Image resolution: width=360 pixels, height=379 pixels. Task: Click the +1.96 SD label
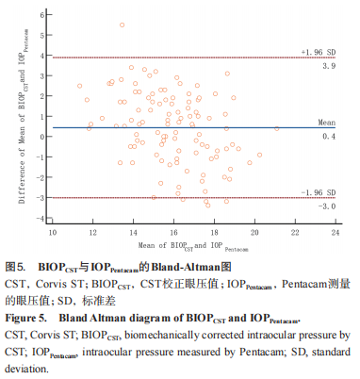point(319,51)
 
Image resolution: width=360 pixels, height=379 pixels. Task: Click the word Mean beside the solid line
point(326,123)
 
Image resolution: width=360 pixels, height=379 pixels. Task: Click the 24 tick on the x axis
point(335,230)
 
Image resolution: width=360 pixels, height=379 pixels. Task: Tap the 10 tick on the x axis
point(52,230)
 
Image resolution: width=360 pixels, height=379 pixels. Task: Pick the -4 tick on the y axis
point(41,219)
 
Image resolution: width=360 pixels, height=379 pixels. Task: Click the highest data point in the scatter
point(122,25)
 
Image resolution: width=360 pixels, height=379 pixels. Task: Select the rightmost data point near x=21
point(276,129)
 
